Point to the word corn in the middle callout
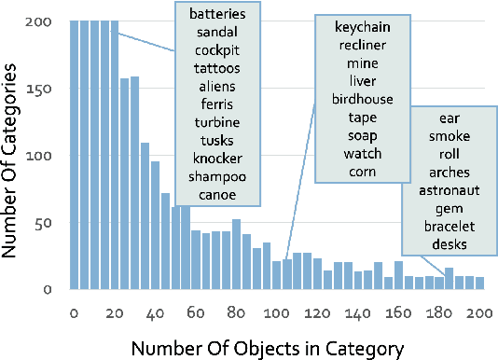coord(360,171)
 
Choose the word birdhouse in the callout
coord(360,100)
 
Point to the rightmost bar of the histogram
coord(480,284)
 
